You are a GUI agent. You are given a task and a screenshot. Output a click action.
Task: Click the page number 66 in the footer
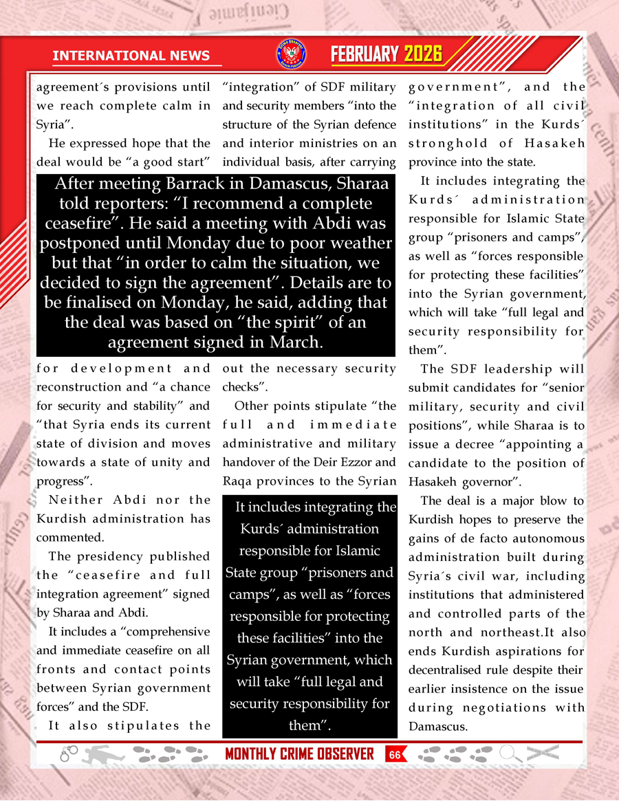tap(395, 754)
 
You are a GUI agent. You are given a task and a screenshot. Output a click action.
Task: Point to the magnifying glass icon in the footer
tap(510, 754)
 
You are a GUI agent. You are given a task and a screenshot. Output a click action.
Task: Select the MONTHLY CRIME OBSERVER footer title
tap(299, 754)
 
